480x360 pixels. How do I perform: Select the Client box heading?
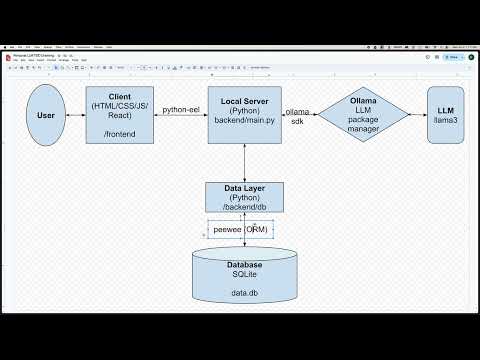click(x=119, y=97)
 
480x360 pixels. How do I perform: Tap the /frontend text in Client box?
click(x=119, y=131)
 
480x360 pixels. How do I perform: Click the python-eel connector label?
click(x=182, y=110)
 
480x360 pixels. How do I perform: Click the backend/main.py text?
click(x=244, y=120)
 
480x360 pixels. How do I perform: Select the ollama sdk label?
click(x=296, y=117)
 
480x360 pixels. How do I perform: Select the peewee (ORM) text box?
click(x=240, y=229)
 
